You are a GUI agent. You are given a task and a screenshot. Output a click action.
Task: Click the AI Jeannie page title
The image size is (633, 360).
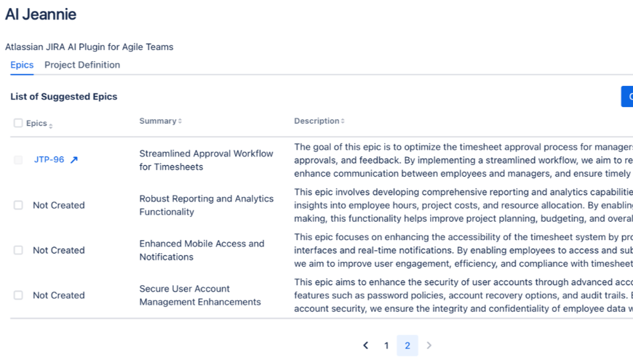(x=41, y=14)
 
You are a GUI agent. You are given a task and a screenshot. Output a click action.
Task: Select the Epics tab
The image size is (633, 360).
(x=22, y=65)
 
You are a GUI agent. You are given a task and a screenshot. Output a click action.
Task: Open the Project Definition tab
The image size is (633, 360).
(x=82, y=65)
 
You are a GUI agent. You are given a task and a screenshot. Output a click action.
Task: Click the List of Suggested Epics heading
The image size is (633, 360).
(x=64, y=97)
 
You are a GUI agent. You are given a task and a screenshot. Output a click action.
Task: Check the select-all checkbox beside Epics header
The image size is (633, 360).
(x=18, y=123)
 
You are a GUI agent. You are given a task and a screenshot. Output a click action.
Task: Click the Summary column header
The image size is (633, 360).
(x=158, y=121)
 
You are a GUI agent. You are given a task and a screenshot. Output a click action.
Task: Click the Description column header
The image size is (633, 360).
(x=316, y=121)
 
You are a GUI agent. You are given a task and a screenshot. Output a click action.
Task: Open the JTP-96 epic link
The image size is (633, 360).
(x=49, y=160)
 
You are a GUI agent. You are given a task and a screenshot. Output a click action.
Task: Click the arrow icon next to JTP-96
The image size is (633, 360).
(x=74, y=160)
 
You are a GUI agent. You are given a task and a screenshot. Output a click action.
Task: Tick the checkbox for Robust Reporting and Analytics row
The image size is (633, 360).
(x=18, y=205)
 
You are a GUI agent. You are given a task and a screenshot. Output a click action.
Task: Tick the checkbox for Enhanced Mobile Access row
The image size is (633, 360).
(x=18, y=250)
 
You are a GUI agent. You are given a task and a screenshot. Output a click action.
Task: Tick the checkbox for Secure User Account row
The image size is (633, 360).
(x=18, y=295)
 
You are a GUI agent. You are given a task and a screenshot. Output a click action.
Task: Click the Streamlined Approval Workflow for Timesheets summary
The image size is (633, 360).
(x=206, y=160)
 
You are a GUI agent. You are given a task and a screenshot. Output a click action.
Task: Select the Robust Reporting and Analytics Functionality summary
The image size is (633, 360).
(x=206, y=205)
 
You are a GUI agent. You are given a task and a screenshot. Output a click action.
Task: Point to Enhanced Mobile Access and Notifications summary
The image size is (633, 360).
(x=202, y=250)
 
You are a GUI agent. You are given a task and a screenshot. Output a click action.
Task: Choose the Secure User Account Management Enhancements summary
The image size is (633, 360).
(x=199, y=295)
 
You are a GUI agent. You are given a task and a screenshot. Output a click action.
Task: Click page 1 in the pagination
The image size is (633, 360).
(x=386, y=345)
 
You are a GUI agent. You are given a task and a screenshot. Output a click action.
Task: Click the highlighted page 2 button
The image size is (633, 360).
(x=407, y=345)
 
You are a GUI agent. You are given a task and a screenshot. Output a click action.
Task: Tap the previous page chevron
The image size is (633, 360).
(x=366, y=345)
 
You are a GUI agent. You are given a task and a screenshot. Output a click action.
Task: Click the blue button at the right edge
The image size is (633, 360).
(x=627, y=96)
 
